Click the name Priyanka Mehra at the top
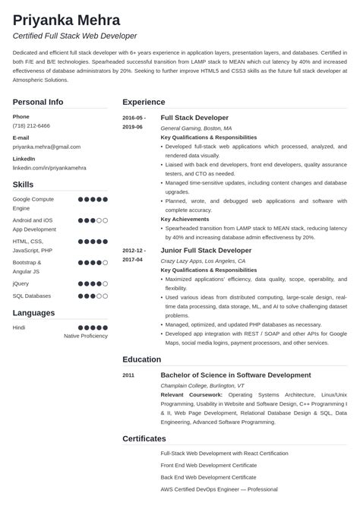(x=66, y=19)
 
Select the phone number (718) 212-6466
(x=31, y=126)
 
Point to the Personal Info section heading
(x=38, y=102)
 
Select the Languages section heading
(x=33, y=312)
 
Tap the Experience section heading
(x=144, y=102)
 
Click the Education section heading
(x=141, y=359)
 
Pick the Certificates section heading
(x=144, y=438)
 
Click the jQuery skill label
(x=21, y=283)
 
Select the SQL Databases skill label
(x=32, y=296)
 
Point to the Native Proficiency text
(x=86, y=335)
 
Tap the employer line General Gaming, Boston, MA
(x=197, y=128)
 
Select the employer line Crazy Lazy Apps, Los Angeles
(x=203, y=260)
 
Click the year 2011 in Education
(x=129, y=375)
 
